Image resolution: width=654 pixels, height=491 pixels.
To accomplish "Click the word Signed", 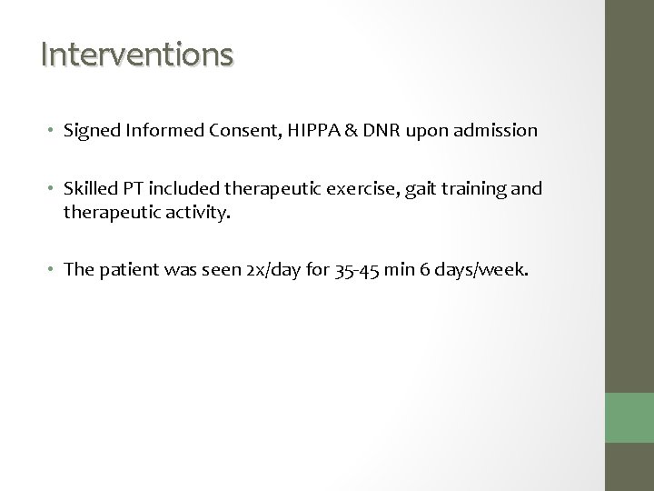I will point(88,131).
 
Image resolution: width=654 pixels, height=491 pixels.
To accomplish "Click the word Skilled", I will point(88,189).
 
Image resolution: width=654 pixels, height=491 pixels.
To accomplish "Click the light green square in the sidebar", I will point(630,419).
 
